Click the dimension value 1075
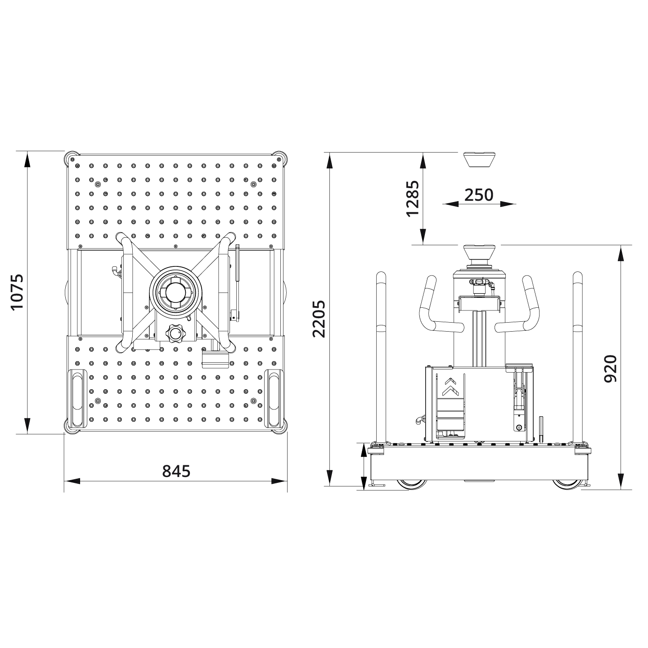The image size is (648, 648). (17, 292)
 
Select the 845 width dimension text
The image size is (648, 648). (176, 471)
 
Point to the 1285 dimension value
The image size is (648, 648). (412, 198)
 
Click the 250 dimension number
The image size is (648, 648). (479, 195)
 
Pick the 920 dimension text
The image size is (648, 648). (610, 368)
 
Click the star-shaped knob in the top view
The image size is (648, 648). (175, 334)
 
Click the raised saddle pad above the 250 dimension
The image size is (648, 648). (479, 159)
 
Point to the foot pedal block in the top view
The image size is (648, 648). (215, 359)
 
